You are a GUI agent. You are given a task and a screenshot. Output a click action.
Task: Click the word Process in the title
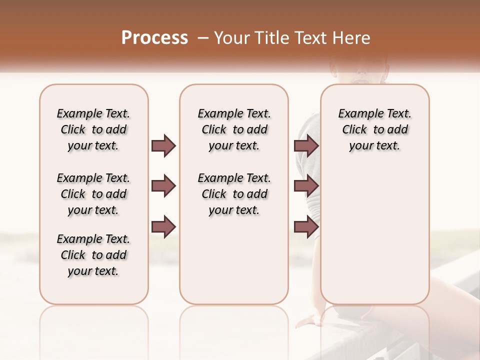pyautogui.click(x=154, y=38)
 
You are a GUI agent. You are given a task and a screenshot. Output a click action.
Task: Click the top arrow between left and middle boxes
pyautogui.click(x=163, y=146)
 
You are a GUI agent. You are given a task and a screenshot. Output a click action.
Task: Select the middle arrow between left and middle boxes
pyautogui.click(x=163, y=186)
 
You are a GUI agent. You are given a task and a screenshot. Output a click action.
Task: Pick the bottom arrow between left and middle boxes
pyautogui.click(x=163, y=226)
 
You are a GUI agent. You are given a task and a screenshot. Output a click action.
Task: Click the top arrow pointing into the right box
pyautogui.click(x=306, y=146)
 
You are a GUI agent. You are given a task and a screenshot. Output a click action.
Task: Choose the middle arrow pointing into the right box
pyautogui.click(x=306, y=186)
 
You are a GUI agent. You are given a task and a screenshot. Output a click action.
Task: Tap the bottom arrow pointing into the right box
pyautogui.click(x=306, y=226)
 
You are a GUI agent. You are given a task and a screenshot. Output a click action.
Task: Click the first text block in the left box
pyautogui.click(x=93, y=129)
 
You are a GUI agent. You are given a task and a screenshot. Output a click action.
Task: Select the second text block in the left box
pyautogui.click(x=93, y=194)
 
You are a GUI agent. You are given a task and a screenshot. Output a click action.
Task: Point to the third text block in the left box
pyautogui.click(x=93, y=255)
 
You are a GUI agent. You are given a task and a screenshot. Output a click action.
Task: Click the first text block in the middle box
pyautogui.click(x=234, y=129)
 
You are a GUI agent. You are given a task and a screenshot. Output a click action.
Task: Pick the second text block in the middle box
pyautogui.click(x=234, y=194)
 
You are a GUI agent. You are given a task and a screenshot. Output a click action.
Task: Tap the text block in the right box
pyautogui.click(x=374, y=129)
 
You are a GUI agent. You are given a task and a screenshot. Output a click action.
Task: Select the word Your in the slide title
pyautogui.click(x=230, y=38)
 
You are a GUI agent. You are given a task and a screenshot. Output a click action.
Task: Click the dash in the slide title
pyautogui.click(x=203, y=38)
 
